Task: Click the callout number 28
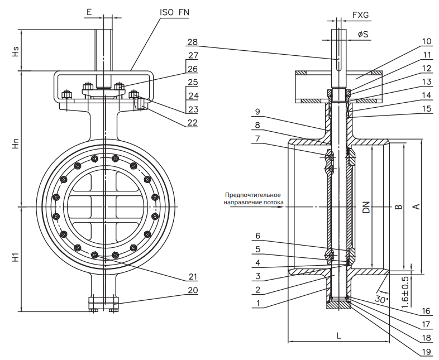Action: click(192, 42)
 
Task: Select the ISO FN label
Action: click(174, 12)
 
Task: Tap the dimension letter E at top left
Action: click(89, 12)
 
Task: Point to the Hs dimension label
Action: click(16, 51)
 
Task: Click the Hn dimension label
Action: click(16, 143)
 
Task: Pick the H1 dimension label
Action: click(16, 257)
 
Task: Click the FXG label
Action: click(361, 15)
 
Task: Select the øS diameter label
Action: click(363, 35)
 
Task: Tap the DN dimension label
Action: click(366, 207)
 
